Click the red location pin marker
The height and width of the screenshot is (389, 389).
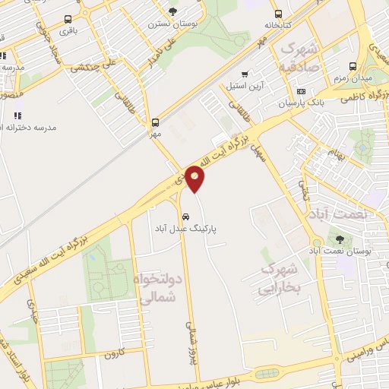(195, 178)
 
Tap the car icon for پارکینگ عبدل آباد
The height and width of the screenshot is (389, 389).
(186, 214)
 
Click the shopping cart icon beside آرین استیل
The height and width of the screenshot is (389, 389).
(245, 74)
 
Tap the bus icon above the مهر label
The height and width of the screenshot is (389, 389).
(156, 122)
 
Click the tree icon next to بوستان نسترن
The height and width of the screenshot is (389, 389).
(173, 11)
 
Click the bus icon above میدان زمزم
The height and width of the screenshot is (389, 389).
(353, 67)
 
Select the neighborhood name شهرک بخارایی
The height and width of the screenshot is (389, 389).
(281, 279)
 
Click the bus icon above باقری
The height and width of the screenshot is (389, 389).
(68, 20)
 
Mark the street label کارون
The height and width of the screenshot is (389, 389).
(114, 353)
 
